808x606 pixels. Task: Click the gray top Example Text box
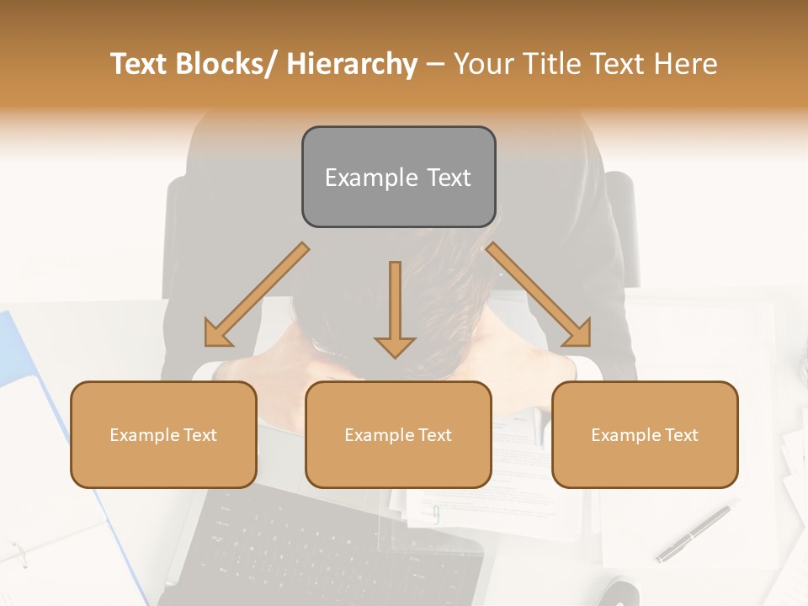(x=398, y=178)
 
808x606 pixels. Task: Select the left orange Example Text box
(x=163, y=435)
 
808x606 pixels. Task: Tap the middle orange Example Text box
(x=398, y=435)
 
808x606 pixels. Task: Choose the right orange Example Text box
(x=645, y=435)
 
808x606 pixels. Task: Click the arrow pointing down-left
(x=257, y=295)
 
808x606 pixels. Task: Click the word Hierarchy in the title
(x=351, y=64)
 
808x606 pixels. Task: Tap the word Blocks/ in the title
(x=230, y=64)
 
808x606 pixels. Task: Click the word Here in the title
(x=685, y=64)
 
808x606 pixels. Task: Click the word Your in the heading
(x=482, y=64)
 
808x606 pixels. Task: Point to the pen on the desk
(x=693, y=532)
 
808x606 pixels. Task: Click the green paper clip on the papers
(x=436, y=513)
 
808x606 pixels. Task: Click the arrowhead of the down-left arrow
(x=217, y=335)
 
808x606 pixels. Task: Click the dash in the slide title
(x=435, y=64)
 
